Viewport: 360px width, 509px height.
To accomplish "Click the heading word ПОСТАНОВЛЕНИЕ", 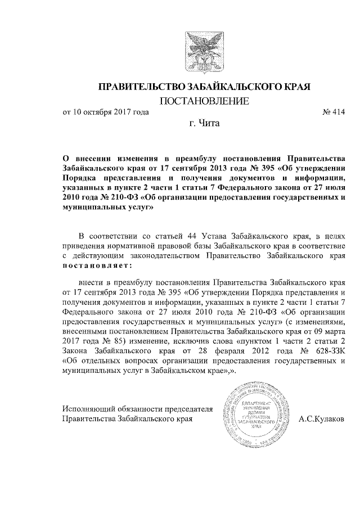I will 204,102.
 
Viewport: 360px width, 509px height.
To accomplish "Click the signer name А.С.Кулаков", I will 322,419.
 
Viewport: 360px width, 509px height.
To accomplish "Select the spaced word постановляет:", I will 97,265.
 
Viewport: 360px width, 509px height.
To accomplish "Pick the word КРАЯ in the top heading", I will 297,87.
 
